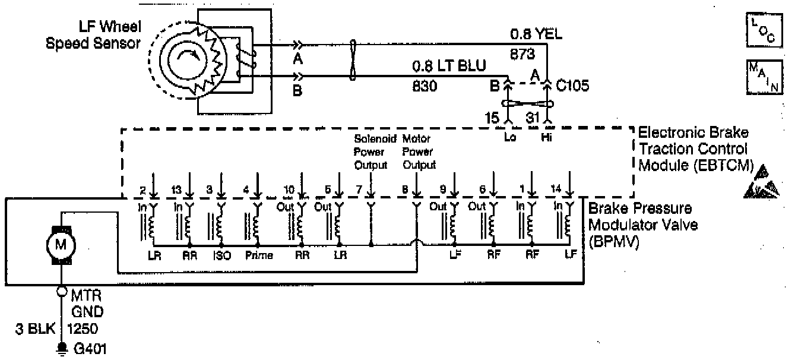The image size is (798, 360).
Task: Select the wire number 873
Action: pyautogui.click(x=522, y=54)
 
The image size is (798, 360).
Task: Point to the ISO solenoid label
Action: pyautogui.click(x=221, y=256)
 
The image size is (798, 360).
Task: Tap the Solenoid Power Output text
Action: pyautogui.click(x=371, y=151)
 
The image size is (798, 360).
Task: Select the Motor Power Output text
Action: pyautogui.click(x=419, y=151)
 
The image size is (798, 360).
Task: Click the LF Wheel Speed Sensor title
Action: pyautogui.click(x=95, y=34)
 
